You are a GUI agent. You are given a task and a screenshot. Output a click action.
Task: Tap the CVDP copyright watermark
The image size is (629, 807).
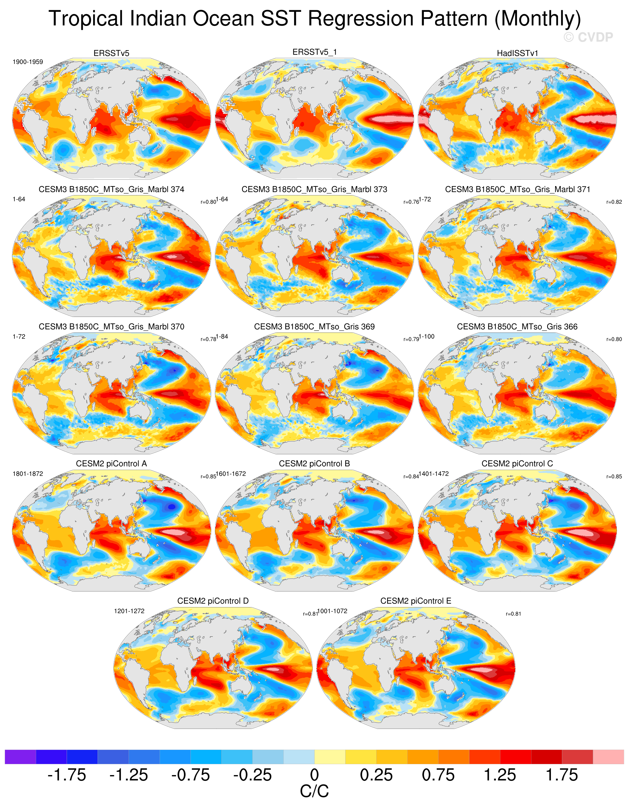click(x=588, y=37)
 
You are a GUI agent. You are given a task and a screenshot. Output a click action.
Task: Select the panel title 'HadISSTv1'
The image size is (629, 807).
click(x=517, y=53)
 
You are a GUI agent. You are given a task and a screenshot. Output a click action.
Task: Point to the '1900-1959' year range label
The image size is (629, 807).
click(x=28, y=62)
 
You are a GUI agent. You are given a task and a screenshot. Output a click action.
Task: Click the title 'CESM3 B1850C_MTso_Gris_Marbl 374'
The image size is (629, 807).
click(x=111, y=189)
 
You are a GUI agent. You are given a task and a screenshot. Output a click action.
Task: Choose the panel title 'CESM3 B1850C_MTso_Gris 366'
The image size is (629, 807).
click(x=517, y=327)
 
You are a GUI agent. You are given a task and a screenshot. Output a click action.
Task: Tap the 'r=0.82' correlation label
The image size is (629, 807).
click(x=614, y=202)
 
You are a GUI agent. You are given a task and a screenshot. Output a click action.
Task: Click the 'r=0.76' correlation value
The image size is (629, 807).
click(x=411, y=202)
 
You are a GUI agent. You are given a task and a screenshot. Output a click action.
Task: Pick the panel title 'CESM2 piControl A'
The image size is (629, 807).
click(x=111, y=464)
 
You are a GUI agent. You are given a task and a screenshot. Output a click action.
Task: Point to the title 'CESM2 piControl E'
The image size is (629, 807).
click(x=416, y=601)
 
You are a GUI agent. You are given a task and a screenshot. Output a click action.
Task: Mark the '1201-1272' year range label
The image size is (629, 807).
click(x=129, y=611)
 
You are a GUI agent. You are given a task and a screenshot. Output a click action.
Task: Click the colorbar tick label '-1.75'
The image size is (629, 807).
click(x=67, y=775)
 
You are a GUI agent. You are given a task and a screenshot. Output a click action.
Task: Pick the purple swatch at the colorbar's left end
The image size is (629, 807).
click(x=20, y=757)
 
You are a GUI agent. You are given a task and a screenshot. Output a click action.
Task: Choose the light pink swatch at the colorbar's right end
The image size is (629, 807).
click(x=608, y=757)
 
